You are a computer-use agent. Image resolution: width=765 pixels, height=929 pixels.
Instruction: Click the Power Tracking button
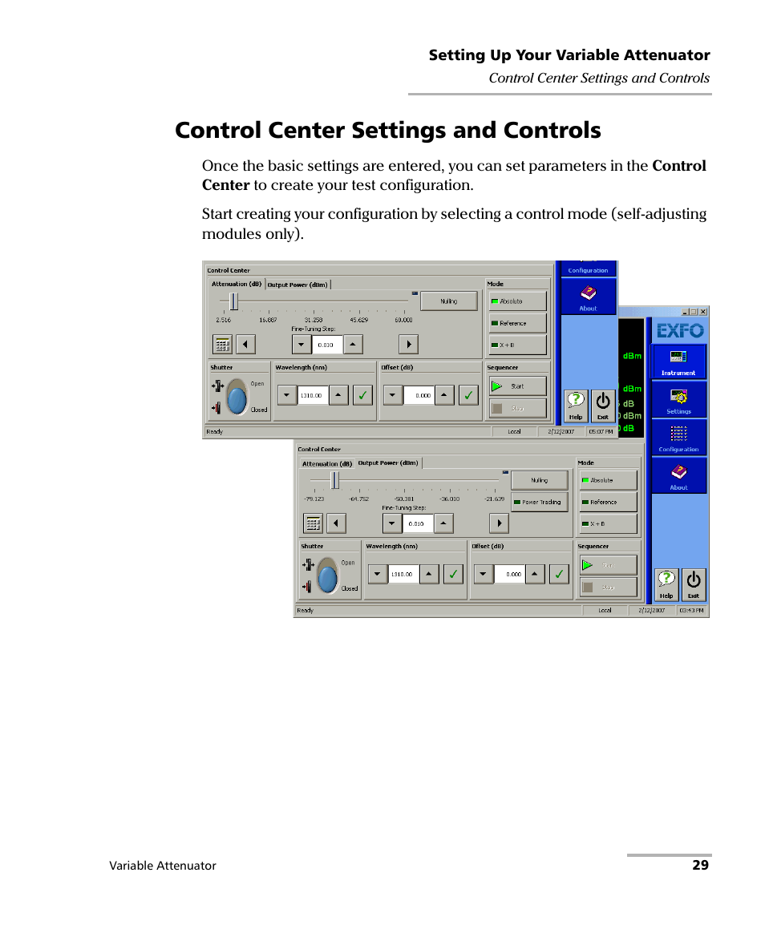540,503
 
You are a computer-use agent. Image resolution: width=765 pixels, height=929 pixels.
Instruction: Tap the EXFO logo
680,329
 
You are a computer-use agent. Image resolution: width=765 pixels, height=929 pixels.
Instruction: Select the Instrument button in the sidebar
678,362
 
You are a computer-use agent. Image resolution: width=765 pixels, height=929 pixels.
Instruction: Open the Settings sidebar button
678,400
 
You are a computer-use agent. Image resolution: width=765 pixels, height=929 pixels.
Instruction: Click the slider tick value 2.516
223,320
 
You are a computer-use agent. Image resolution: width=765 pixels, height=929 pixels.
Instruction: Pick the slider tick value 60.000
403,320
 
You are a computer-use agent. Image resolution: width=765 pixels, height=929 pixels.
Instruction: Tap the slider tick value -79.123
314,499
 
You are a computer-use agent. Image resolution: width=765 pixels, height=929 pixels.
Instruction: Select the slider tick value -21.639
494,499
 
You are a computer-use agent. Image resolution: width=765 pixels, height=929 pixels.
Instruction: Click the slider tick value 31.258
313,320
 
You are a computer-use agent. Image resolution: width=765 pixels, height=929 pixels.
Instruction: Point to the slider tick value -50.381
404,499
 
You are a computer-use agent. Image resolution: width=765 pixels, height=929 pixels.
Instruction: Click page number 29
701,866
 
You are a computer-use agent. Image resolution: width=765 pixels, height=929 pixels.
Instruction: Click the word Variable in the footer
132,866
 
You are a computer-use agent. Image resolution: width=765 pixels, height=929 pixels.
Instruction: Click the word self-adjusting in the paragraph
657,214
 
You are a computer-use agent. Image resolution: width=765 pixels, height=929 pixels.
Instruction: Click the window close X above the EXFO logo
703,312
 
